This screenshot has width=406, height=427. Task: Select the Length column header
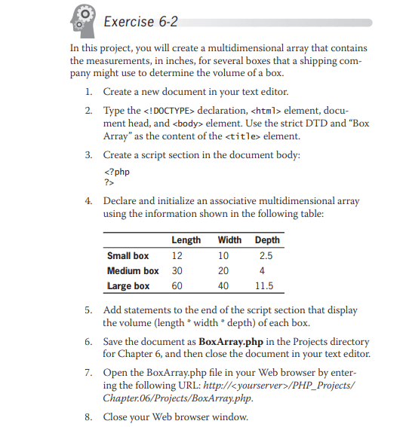(x=186, y=240)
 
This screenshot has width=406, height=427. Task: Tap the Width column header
(x=229, y=240)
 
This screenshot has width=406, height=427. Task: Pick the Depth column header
(x=267, y=240)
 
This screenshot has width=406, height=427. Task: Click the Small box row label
(x=128, y=255)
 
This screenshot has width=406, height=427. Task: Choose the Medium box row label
(x=133, y=270)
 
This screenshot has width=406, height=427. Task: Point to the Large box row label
(x=128, y=285)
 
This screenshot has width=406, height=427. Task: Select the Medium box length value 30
(x=179, y=270)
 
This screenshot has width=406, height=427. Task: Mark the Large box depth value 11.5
(x=264, y=285)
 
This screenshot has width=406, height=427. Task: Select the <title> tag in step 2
(x=245, y=136)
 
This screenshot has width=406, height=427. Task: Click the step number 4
(x=88, y=201)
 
